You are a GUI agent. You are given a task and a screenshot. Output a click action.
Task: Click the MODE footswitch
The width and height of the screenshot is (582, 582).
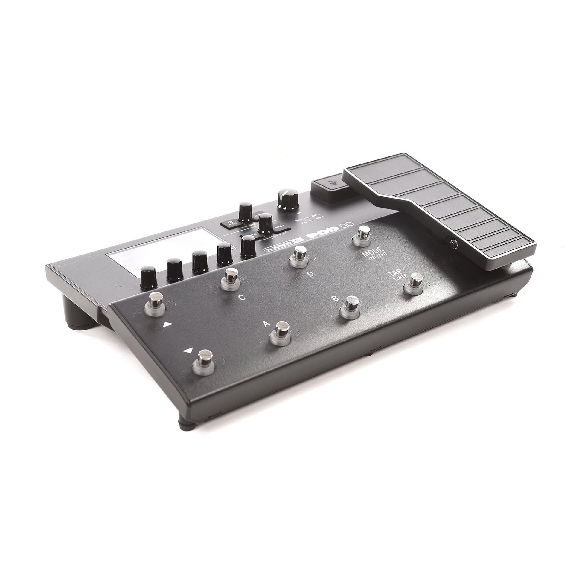(363, 235)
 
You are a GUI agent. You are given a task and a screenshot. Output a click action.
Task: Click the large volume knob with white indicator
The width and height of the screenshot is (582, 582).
(288, 199)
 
